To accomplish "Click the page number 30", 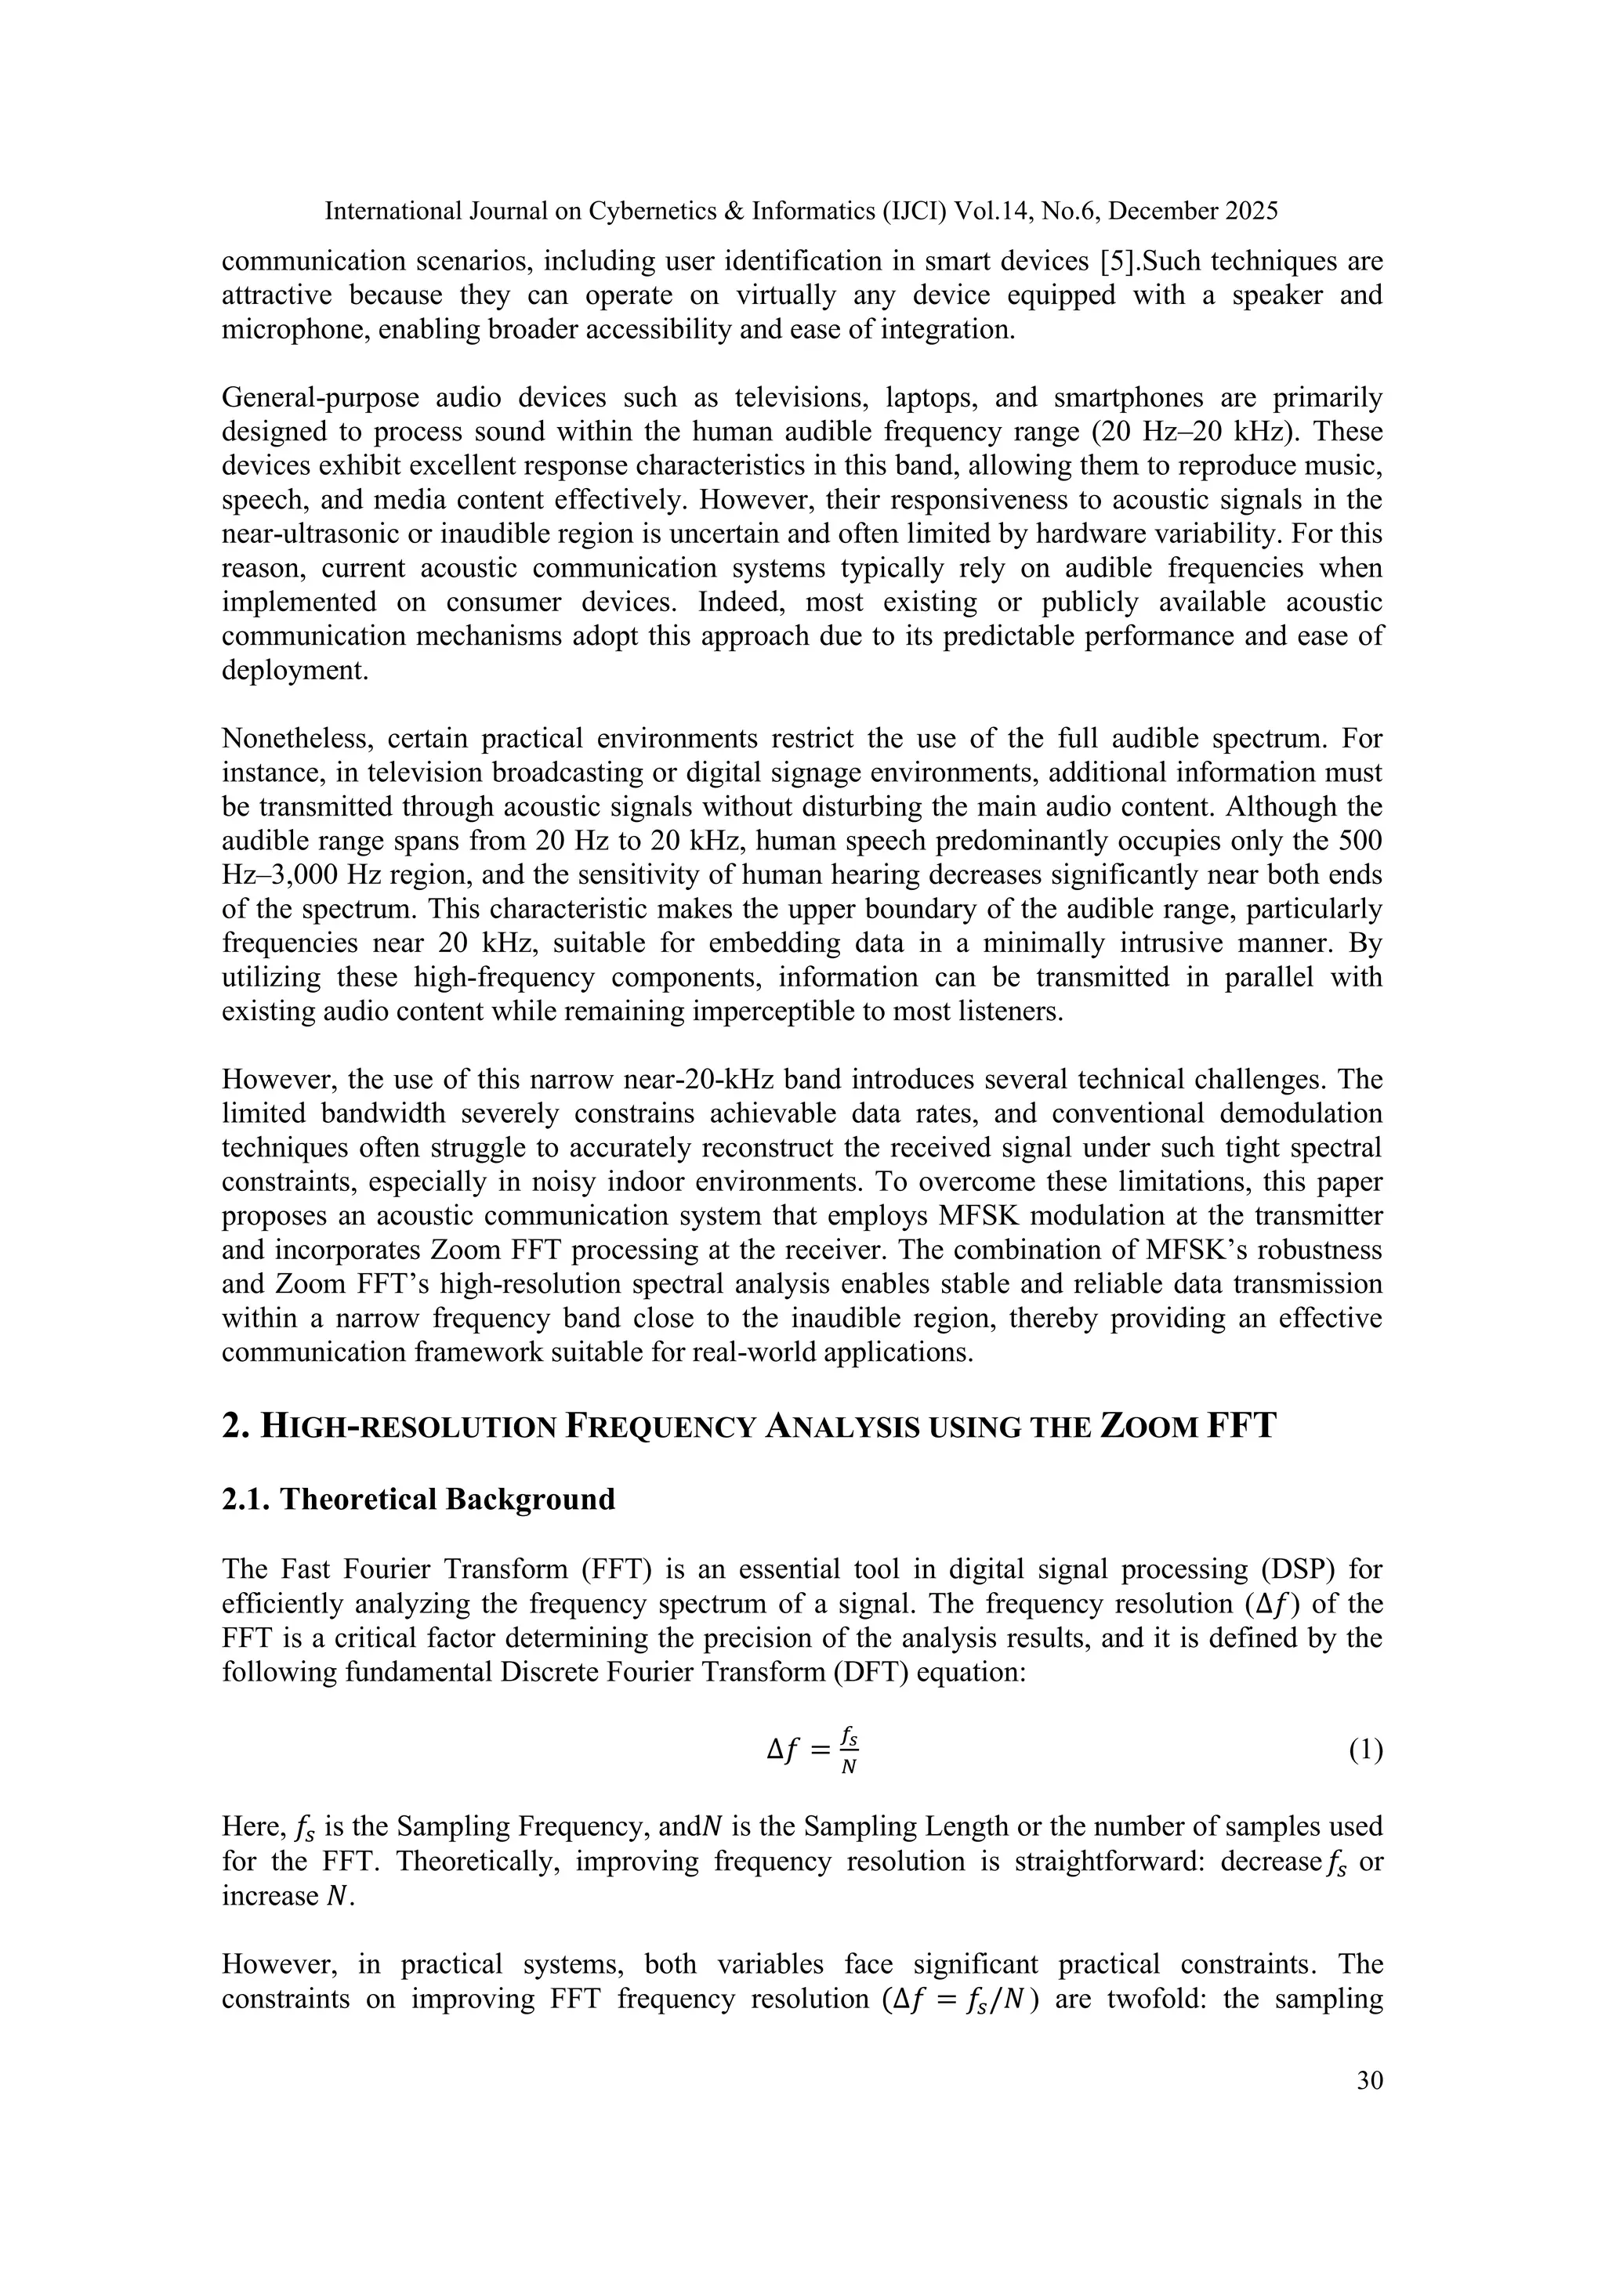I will point(1369,2081).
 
